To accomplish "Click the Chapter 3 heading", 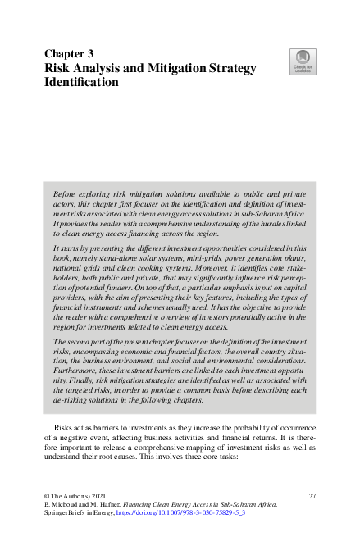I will click(69, 53).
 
